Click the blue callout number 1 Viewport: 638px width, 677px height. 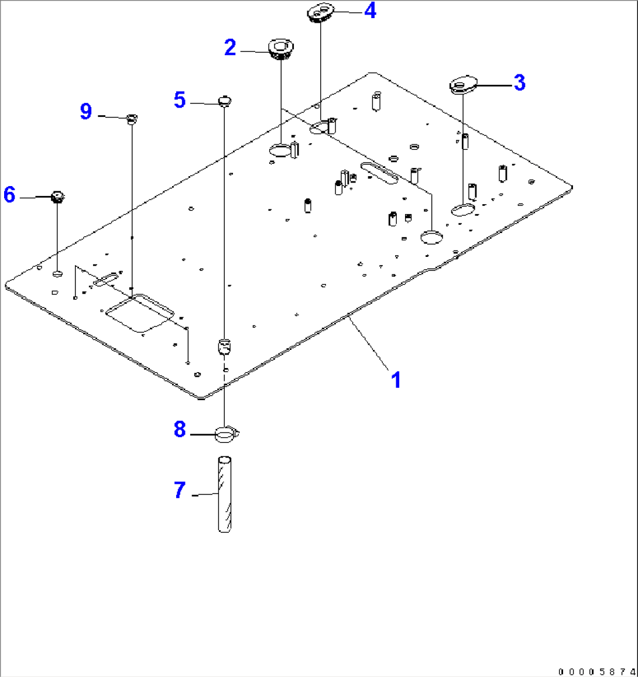click(x=396, y=380)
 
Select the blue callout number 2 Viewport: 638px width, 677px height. click(x=230, y=48)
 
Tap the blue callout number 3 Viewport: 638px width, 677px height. click(x=519, y=83)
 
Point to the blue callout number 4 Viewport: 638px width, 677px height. click(x=370, y=11)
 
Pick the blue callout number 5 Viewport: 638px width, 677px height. click(x=180, y=100)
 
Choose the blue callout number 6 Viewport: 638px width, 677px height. click(x=9, y=195)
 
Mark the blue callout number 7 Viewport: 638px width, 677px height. click(x=180, y=490)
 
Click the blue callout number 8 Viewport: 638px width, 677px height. click(x=180, y=429)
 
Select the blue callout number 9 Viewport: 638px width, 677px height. click(x=86, y=111)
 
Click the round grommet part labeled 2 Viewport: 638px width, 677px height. click(x=281, y=49)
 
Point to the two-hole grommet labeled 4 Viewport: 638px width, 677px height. click(x=320, y=13)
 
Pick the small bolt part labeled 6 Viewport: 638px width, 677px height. click(x=57, y=197)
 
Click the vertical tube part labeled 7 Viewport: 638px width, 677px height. click(x=224, y=494)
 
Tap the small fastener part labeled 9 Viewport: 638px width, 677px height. click(x=132, y=119)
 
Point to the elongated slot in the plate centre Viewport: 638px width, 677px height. click(x=379, y=173)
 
